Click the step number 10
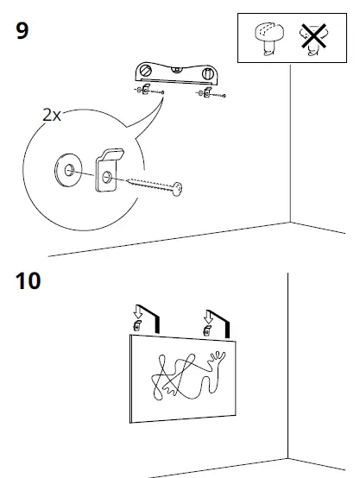click(28, 281)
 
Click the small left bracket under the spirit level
click(147, 91)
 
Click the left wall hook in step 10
click(136, 325)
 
